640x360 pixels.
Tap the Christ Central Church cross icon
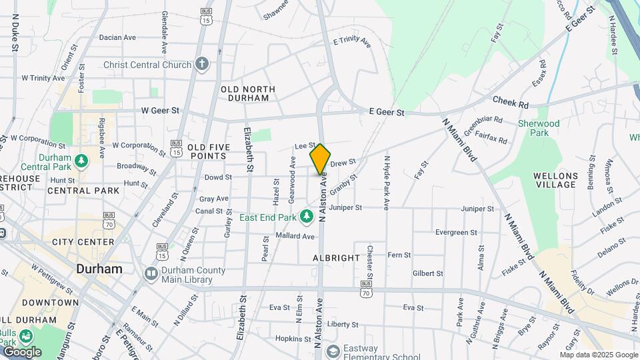202,65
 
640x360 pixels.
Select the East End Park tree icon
306,217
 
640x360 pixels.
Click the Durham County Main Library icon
151,274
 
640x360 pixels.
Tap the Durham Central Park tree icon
81,161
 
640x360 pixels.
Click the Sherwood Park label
539,127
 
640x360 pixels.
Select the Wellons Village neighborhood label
555,181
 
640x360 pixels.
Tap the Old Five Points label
209,151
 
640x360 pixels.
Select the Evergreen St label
456,233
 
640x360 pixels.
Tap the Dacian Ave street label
118,37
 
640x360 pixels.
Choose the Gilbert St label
427,273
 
